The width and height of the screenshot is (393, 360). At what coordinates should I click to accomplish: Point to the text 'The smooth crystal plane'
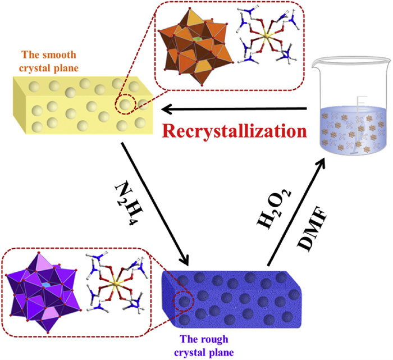(x=56, y=61)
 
